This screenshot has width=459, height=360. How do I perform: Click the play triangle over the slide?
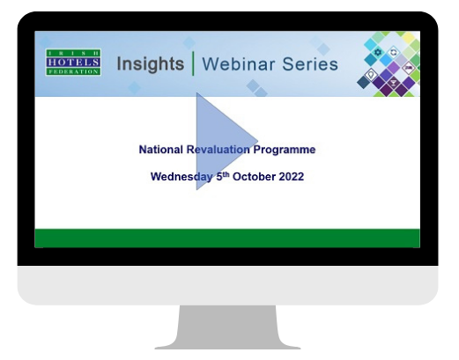(220, 141)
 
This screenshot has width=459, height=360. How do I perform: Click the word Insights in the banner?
(151, 64)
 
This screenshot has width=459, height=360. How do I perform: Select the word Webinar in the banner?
(239, 64)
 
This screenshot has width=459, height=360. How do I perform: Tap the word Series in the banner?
(310, 64)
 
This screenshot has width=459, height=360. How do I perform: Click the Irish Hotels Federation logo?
(73, 62)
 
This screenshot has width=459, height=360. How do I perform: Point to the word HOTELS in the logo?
(73, 62)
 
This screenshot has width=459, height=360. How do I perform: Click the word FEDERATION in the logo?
(73, 71)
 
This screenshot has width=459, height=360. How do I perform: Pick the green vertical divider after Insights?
(193, 63)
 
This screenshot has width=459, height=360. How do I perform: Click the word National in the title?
(160, 150)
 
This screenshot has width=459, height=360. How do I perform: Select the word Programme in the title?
(285, 150)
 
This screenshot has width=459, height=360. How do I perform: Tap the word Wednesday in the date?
(181, 177)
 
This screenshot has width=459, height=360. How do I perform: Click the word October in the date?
(254, 177)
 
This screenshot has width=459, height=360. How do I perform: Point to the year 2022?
(291, 177)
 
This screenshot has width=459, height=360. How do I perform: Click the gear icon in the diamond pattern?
(378, 53)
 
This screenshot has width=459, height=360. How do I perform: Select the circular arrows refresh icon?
(393, 53)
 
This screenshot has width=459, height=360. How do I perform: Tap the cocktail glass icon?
(393, 83)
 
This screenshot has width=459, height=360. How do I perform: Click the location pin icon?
(371, 74)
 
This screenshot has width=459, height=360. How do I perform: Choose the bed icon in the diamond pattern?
(408, 68)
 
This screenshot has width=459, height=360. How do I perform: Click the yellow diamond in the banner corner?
(409, 38)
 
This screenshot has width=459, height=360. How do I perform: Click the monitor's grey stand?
(227, 327)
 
